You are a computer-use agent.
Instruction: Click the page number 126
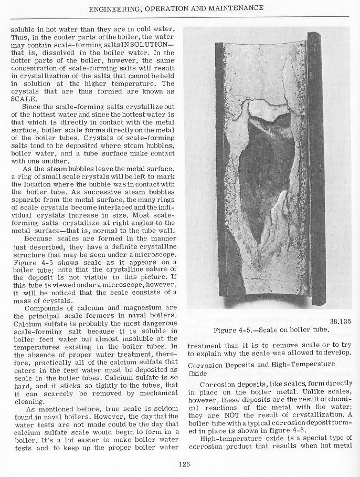[x=183, y=464]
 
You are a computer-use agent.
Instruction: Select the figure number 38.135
[x=341, y=322]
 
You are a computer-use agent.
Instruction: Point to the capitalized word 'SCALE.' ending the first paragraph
[x=24, y=98]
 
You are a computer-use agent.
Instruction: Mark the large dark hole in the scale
[x=262, y=168]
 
